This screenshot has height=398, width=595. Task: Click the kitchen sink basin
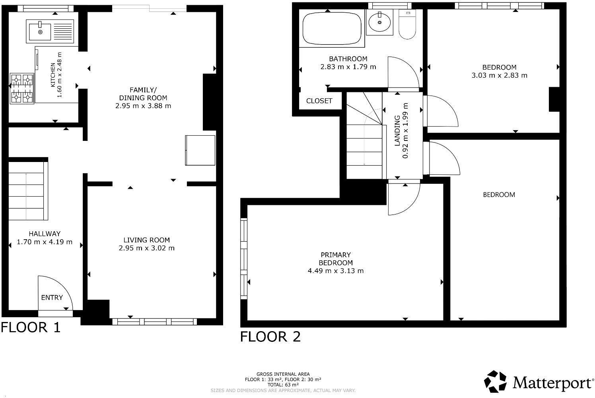point(40,31)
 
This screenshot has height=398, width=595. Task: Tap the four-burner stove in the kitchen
point(22,88)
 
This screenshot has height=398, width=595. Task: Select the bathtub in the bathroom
point(332,29)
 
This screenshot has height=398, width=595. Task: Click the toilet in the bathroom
point(407,24)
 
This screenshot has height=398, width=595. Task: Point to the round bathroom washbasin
point(379,23)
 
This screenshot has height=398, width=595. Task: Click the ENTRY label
point(52,297)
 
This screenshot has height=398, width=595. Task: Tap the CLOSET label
point(319,101)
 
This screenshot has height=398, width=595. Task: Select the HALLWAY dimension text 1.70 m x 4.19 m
point(45,242)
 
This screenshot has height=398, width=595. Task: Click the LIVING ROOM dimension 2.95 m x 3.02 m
point(147,248)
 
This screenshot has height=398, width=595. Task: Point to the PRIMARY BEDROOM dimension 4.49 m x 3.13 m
point(336,271)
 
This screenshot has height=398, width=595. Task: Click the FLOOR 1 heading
point(31,327)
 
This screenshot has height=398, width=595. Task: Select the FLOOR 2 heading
point(270,337)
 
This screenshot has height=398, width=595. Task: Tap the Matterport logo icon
point(495,382)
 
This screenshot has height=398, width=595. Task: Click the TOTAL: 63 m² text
point(283,385)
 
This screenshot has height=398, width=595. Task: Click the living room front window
point(155,322)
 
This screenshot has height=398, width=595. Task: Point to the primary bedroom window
point(244,259)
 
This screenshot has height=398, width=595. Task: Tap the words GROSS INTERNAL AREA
point(283,375)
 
